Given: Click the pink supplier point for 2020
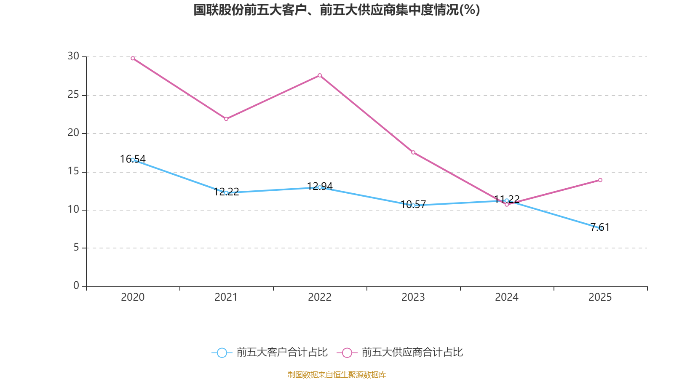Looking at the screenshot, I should (133, 59).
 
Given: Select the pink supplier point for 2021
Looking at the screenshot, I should (226, 119).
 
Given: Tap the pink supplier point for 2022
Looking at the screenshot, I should (320, 75).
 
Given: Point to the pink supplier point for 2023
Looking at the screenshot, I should (413, 152).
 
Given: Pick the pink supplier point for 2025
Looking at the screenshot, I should (600, 180).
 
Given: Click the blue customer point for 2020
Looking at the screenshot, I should (133, 160).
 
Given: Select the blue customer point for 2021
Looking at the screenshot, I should (226, 193).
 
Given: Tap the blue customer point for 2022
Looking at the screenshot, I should (320, 187).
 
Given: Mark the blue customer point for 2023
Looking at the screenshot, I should (413, 206).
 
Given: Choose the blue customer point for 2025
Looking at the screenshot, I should (600, 228).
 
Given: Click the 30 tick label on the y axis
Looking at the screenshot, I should (73, 56).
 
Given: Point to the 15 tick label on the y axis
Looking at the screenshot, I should (73, 171).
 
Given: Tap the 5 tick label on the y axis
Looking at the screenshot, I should (76, 248).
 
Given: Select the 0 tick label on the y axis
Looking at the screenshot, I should (76, 286).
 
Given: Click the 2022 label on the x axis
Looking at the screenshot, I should (320, 297).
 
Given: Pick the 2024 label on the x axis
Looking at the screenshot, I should (507, 297).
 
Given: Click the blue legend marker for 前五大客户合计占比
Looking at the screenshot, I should (222, 353).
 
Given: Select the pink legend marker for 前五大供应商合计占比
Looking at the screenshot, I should (347, 353).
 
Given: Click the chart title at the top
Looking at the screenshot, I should (337, 10).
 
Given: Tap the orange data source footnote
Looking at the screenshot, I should (337, 374).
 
